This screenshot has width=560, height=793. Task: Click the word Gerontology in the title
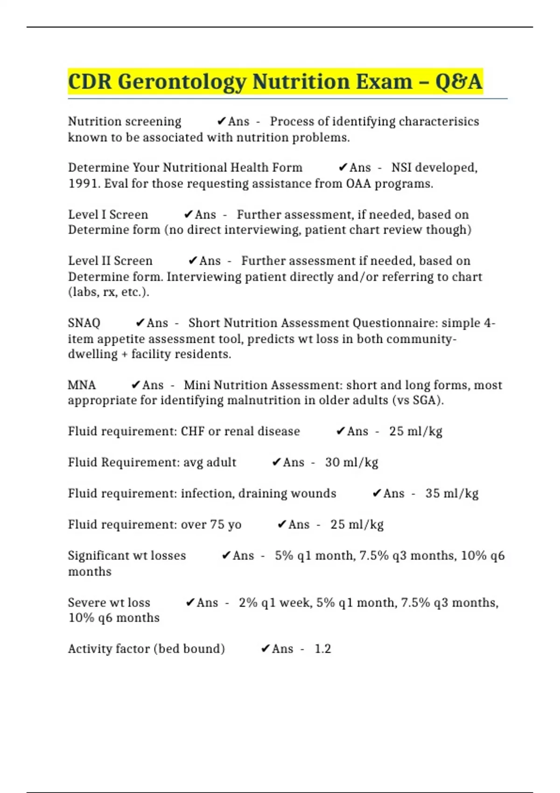182,82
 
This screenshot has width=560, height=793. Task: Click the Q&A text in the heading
458,82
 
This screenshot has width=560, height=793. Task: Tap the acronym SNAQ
84,323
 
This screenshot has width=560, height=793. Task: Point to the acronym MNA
82,385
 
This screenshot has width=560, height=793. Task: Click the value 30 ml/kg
351,463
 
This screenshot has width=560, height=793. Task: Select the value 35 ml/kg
452,494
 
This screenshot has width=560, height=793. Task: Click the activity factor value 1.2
322,649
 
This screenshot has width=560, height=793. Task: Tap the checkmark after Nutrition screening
222,122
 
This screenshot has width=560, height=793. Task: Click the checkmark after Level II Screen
193,261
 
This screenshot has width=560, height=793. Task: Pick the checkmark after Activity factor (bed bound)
265,649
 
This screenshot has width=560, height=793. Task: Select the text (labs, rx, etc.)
109,292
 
